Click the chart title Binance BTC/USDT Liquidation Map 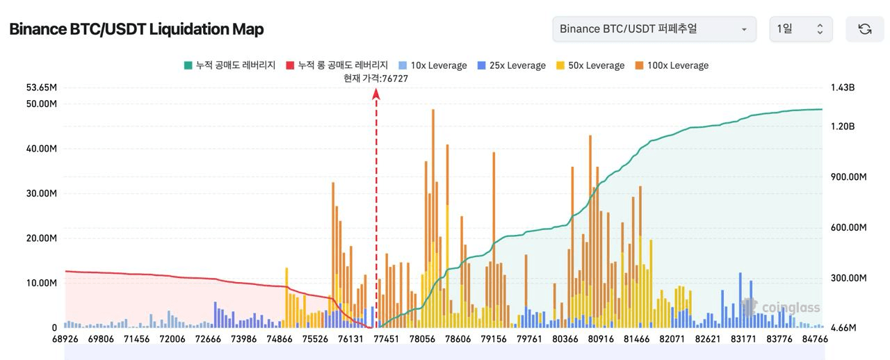click(x=136, y=29)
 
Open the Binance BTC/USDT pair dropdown click(x=654, y=29)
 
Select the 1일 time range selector click(x=800, y=29)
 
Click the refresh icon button click(x=864, y=29)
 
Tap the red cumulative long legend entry click(x=337, y=65)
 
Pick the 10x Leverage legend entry click(x=432, y=65)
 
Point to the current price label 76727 click(x=376, y=79)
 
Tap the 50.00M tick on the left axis click(x=41, y=104)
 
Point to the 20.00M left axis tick click(x=41, y=238)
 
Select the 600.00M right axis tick click(x=848, y=228)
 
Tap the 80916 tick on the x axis click(x=601, y=339)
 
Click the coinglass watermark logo click(x=782, y=307)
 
